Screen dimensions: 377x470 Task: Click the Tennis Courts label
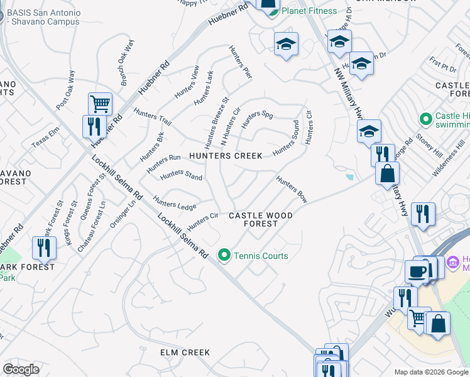pos(261,256)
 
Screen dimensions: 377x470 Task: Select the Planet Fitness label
pos(310,10)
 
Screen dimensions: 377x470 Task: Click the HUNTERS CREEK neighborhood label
pos(226,156)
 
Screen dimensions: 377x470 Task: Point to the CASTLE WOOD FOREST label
pos(261,219)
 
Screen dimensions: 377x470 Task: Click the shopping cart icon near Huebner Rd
pos(100,103)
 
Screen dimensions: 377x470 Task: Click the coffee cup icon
pos(417,271)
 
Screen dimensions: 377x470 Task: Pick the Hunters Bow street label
pos(292,189)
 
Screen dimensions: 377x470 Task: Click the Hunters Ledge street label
pos(175,204)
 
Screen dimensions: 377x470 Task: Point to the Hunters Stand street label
pos(181,175)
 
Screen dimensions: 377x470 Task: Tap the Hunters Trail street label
pos(153,116)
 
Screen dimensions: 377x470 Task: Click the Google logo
pos(21,369)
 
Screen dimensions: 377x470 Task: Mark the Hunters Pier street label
pos(240,63)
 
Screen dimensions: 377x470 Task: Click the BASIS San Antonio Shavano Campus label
pos(43,17)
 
